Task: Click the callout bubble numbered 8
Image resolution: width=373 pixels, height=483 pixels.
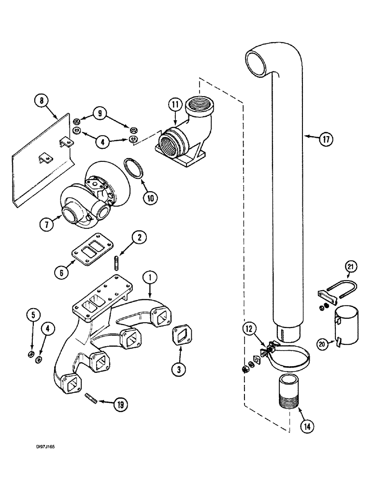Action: [x=42, y=101]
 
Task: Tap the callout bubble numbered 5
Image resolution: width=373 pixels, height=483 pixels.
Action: [x=33, y=316]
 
